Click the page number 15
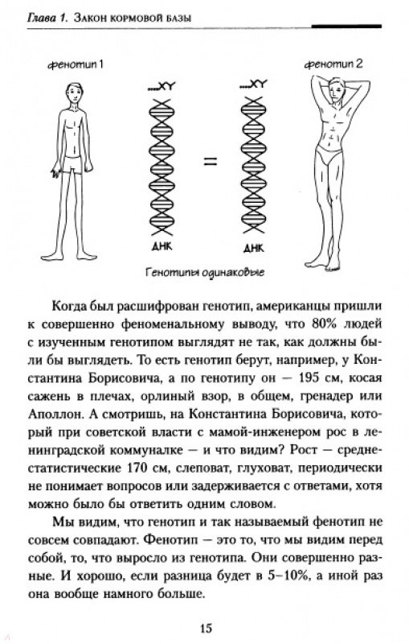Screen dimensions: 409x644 (x=207, y=628)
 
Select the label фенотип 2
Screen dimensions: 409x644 (x=333, y=64)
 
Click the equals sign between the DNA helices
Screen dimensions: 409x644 (x=211, y=162)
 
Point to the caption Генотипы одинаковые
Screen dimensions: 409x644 (x=205, y=272)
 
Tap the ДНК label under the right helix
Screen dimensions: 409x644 (x=254, y=248)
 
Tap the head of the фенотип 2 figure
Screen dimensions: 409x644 (x=334, y=89)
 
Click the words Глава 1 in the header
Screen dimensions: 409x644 (x=45, y=18)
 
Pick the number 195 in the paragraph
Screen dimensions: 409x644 (x=305, y=378)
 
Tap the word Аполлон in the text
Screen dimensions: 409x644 (x=55, y=415)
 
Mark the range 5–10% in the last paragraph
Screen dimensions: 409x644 (x=288, y=576)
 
